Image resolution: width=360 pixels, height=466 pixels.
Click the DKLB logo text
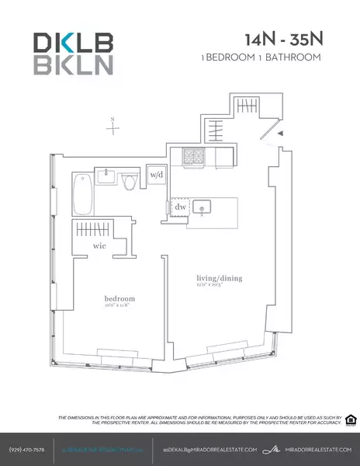tap(73, 42)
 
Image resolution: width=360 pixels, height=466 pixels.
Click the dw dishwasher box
tap(179, 207)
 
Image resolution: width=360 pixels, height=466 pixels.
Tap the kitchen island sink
tap(203, 207)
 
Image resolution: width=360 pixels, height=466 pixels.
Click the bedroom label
tap(120, 298)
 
